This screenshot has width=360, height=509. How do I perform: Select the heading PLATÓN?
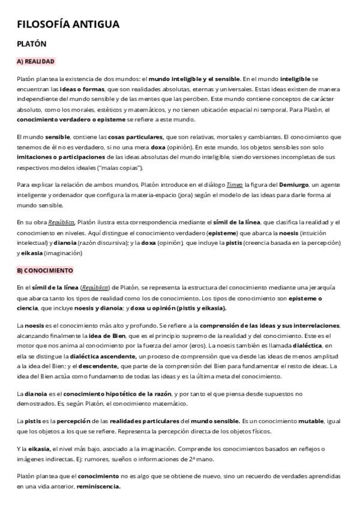[32, 44]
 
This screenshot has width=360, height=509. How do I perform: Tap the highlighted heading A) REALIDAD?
[35, 61]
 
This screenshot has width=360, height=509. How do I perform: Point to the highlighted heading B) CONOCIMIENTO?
[45, 270]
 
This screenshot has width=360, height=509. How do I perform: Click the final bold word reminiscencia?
[99, 486]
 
